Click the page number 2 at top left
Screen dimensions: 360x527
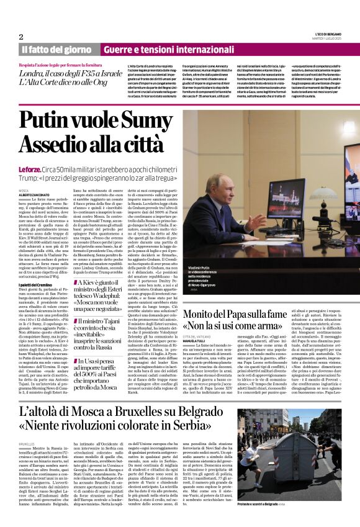(21, 36)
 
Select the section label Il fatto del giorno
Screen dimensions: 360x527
(58, 50)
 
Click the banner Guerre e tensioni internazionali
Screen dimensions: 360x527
(164, 50)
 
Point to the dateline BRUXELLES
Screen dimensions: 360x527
(27, 444)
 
